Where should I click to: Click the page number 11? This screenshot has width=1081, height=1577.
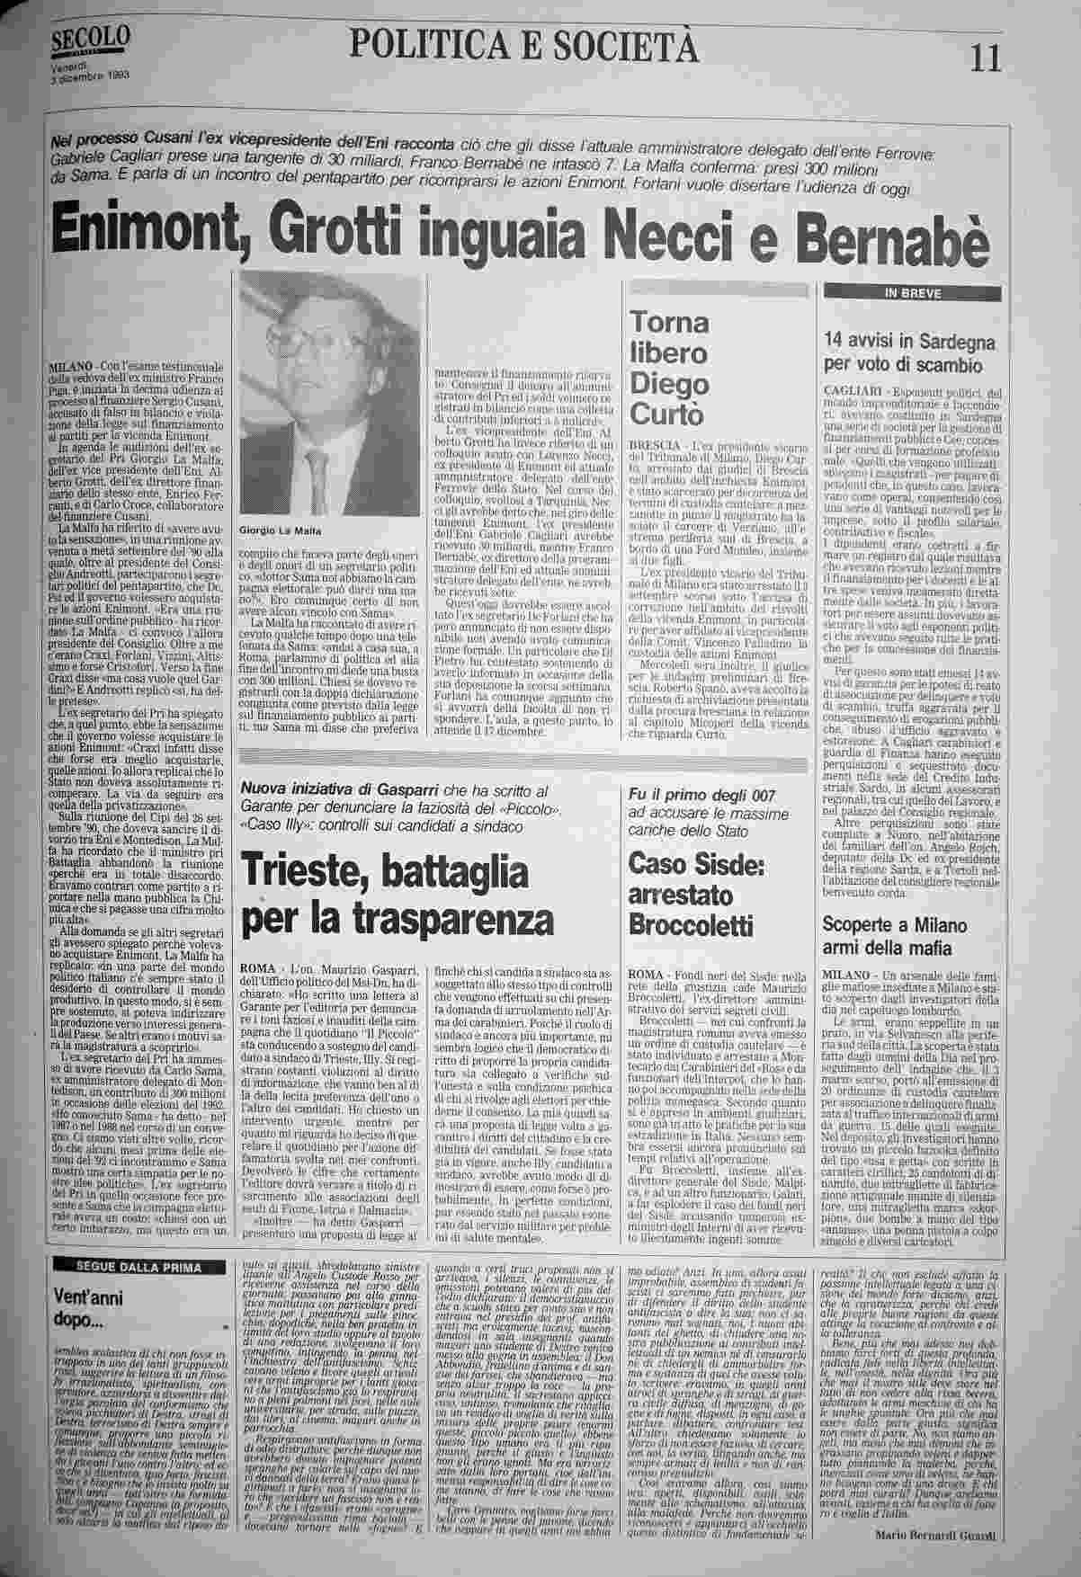point(984,59)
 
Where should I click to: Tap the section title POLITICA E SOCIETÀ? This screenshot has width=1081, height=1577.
point(526,45)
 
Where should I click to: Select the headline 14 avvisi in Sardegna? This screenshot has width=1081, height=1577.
point(909,342)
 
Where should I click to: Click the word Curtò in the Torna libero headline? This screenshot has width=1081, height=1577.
point(670,414)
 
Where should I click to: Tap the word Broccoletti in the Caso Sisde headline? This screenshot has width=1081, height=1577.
point(691,925)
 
